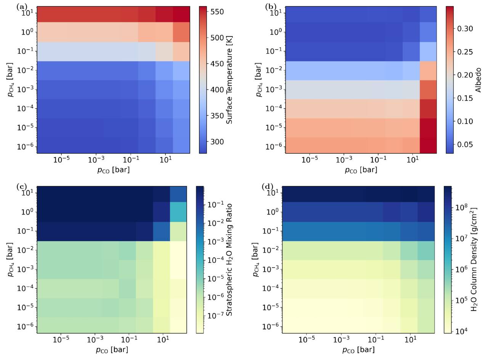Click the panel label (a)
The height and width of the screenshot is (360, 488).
click(21, 7)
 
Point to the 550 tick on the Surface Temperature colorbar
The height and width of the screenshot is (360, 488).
click(217, 12)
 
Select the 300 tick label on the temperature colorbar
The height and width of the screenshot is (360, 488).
click(217, 142)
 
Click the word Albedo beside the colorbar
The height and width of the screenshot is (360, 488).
click(478, 80)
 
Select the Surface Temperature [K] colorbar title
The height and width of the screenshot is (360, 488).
click(229, 80)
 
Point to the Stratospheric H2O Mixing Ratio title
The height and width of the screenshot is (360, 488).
click(229, 260)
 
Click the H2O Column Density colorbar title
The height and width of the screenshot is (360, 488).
click(474, 260)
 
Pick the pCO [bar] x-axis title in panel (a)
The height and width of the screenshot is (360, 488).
click(114, 170)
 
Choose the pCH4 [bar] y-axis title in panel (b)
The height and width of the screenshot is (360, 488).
click(259, 80)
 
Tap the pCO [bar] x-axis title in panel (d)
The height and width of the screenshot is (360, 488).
click(358, 350)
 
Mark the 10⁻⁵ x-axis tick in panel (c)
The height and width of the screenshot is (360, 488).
click(61, 339)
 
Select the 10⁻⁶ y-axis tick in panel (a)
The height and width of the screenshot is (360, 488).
click(26, 146)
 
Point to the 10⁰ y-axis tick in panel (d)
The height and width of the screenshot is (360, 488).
click(273, 212)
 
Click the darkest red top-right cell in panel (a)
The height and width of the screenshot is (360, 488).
click(181, 14)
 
